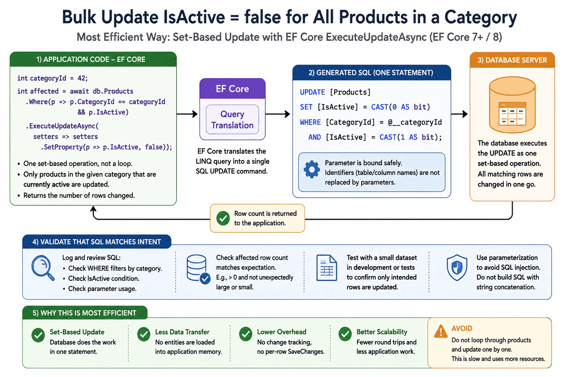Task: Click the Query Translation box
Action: pyautogui.click(x=232, y=119)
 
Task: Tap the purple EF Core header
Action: pyautogui.click(x=232, y=89)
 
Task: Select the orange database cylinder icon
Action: pyautogui.click(x=512, y=105)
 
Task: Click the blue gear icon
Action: pyautogui.click(x=312, y=169)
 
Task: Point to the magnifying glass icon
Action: pyautogui.click(x=43, y=268)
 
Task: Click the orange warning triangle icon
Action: pyautogui.click(x=441, y=331)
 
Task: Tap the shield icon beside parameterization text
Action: pyautogui.click(x=457, y=268)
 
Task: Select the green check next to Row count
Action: pyautogui.click(x=223, y=218)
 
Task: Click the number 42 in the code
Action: pyautogui.click(x=81, y=78)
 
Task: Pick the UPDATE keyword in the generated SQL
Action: pyautogui.click(x=312, y=92)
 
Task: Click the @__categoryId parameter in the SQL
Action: pyautogui.click(x=415, y=123)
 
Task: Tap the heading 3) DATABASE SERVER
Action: pyautogui.click(x=512, y=60)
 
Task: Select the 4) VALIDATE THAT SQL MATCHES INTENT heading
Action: pyautogui.click(x=97, y=242)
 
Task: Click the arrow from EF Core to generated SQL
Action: pyautogui.click(x=278, y=114)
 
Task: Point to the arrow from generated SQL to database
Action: pyautogui.click(x=459, y=114)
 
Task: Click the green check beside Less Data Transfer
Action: pyautogui.click(x=144, y=334)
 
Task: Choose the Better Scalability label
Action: pyautogui.click(x=382, y=332)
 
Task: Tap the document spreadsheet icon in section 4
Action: pyautogui.click(x=327, y=268)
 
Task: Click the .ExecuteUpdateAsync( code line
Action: pyautogui.click(x=62, y=126)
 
